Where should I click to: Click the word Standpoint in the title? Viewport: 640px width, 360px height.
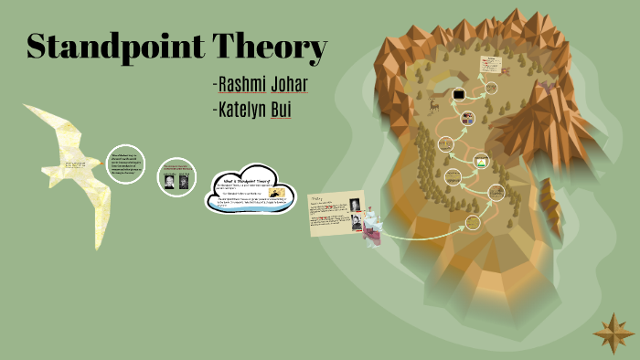click(115, 47)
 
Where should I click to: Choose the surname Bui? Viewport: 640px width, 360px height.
click(292, 111)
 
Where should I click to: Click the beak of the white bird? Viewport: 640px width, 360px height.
click(27, 108)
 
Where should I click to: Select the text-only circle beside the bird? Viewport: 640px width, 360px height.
click(125, 164)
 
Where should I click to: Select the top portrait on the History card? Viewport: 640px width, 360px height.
click(355, 205)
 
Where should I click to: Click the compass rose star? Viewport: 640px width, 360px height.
click(613, 333)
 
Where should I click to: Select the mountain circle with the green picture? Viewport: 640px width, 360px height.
click(480, 163)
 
